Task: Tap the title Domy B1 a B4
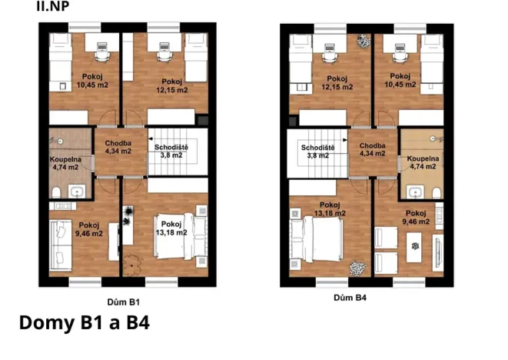click(83, 322)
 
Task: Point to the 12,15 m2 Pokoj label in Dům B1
click(171, 85)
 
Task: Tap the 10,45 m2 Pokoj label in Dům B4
click(400, 81)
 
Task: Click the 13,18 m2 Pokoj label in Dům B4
click(330, 209)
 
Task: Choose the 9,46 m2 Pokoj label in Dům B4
click(415, 218)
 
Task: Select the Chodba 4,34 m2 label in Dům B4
click(372, 149)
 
